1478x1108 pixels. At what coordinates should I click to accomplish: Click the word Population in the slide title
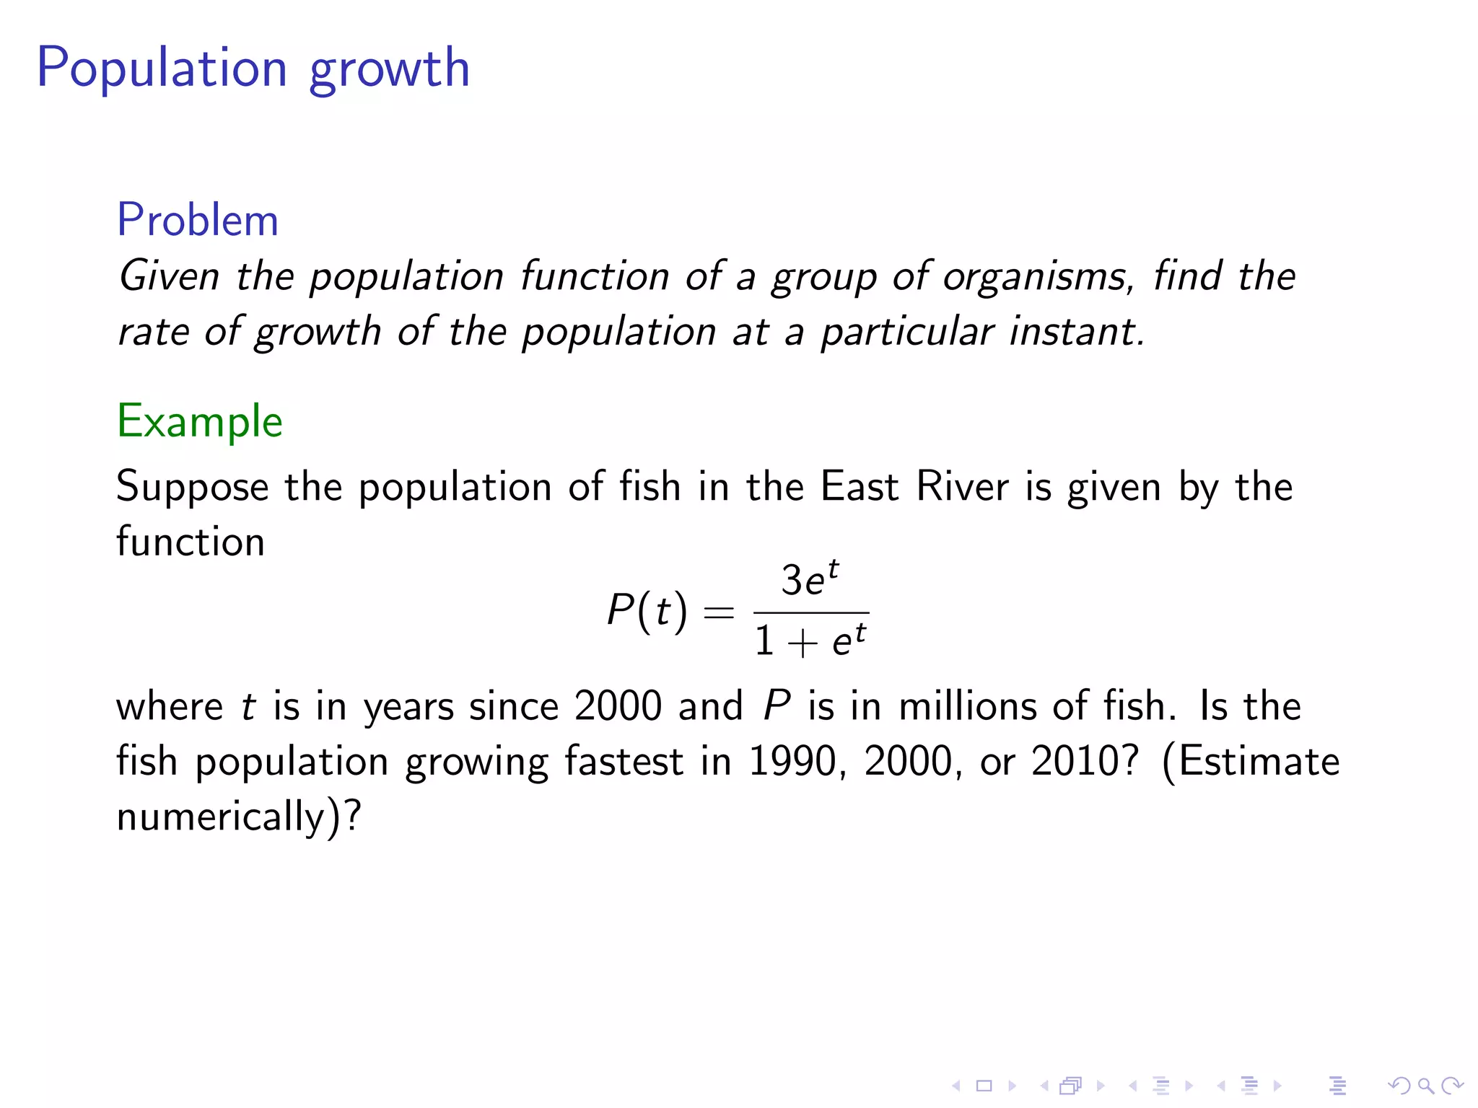click(x=162, y=68)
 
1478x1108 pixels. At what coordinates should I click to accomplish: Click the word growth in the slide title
click(x=389, y=69)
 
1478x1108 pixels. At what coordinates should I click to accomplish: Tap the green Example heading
click(x=200, y=421)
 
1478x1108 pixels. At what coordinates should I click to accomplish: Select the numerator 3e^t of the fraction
click(x=810, y=579)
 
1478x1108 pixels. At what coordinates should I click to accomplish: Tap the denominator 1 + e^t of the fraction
click(x=810, y=640)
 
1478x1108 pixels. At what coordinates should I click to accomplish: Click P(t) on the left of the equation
click(x=647, y=611)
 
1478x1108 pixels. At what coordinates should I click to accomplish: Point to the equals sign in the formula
click(x=719, y=613)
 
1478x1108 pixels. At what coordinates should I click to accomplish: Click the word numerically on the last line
click(x=221, y=817)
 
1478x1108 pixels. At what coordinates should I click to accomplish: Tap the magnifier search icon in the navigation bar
click(x=1425, y=1086)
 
